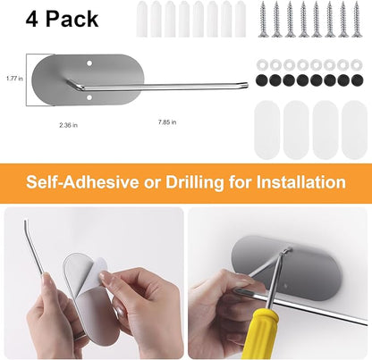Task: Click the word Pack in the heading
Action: pos(72,19)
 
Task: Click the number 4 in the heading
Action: pos(32,19)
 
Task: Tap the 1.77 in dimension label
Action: pos(14,79)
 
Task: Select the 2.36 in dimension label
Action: pos(68,125)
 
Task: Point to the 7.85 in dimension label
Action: pos(167,122)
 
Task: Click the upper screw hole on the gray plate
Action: pos(89,63)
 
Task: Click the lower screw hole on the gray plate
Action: pos(89,97)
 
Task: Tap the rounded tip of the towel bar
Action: pos(246,86)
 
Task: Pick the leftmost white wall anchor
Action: pos(141,20)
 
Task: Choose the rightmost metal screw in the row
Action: pos(356,20)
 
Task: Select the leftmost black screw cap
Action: pos(262,80)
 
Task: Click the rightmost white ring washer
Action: pos(357,64)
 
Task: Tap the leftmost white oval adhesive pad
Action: pos(266,130)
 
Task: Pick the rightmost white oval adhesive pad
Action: pos(354,130)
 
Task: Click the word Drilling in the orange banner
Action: pos(194,182)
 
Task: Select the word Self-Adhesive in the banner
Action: pos(82,182)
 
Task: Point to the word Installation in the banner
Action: pos(301,182)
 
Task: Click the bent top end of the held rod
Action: pos(26,224)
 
